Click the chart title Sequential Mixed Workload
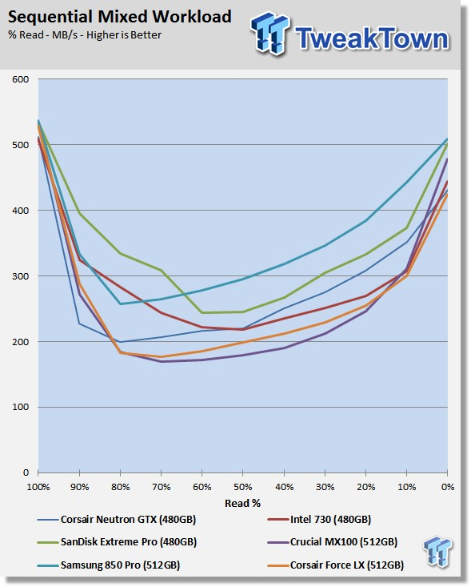120,17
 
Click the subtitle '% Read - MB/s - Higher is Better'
85,34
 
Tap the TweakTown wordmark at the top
373,38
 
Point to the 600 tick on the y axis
21,79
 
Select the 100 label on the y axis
21,407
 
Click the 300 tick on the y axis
21,276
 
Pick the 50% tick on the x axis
243,487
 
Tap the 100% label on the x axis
38,487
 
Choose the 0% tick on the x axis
448,487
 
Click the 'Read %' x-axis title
242,503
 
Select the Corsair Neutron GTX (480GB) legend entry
117,520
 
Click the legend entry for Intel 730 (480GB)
320,520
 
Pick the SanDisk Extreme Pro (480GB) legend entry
117,542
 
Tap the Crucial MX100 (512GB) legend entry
333,542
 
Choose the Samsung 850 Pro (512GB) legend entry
109,565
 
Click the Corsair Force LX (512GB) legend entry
336,565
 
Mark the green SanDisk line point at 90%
79,213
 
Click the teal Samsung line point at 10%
407,183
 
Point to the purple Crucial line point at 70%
161,361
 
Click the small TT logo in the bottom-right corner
437,552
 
